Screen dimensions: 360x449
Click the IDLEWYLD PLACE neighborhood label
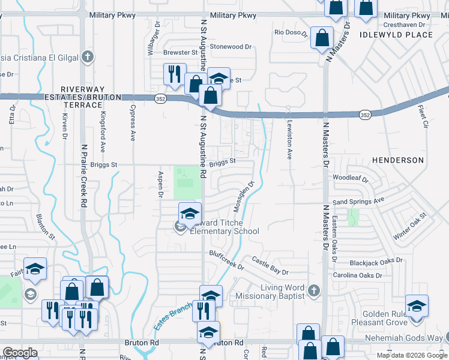click(396, 35)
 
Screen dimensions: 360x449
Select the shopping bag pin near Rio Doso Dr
click(322, 37)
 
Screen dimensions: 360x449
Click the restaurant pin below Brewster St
click(174, 74)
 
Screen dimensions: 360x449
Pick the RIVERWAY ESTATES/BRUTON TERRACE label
click(82, 101)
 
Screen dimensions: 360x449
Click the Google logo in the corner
click(20, 352)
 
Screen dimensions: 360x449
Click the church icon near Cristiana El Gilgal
click(87, 58)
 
